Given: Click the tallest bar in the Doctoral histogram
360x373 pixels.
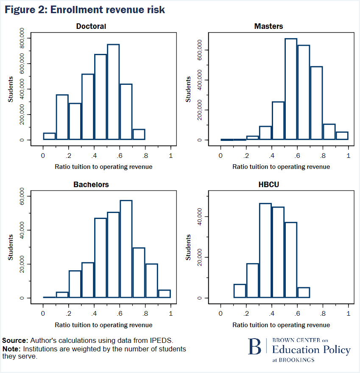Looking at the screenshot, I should [113, 92].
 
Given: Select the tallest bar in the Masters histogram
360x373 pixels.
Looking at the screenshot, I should [290, 89].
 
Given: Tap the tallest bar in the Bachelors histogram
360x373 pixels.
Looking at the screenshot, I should [126, 249].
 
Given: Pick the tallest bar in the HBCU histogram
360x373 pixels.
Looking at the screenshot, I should [265, 250].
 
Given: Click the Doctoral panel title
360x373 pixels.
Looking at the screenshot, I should [91, 26].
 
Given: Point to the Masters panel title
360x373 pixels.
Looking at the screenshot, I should [268, 26].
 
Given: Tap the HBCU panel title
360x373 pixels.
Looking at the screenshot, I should [268, 185].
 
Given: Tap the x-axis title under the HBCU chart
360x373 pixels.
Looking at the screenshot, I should [281, 325].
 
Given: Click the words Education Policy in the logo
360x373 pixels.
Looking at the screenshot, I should [311, 350].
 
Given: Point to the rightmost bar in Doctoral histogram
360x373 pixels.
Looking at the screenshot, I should [139, 135].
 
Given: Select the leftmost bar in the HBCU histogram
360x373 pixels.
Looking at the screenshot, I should [240, 291].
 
